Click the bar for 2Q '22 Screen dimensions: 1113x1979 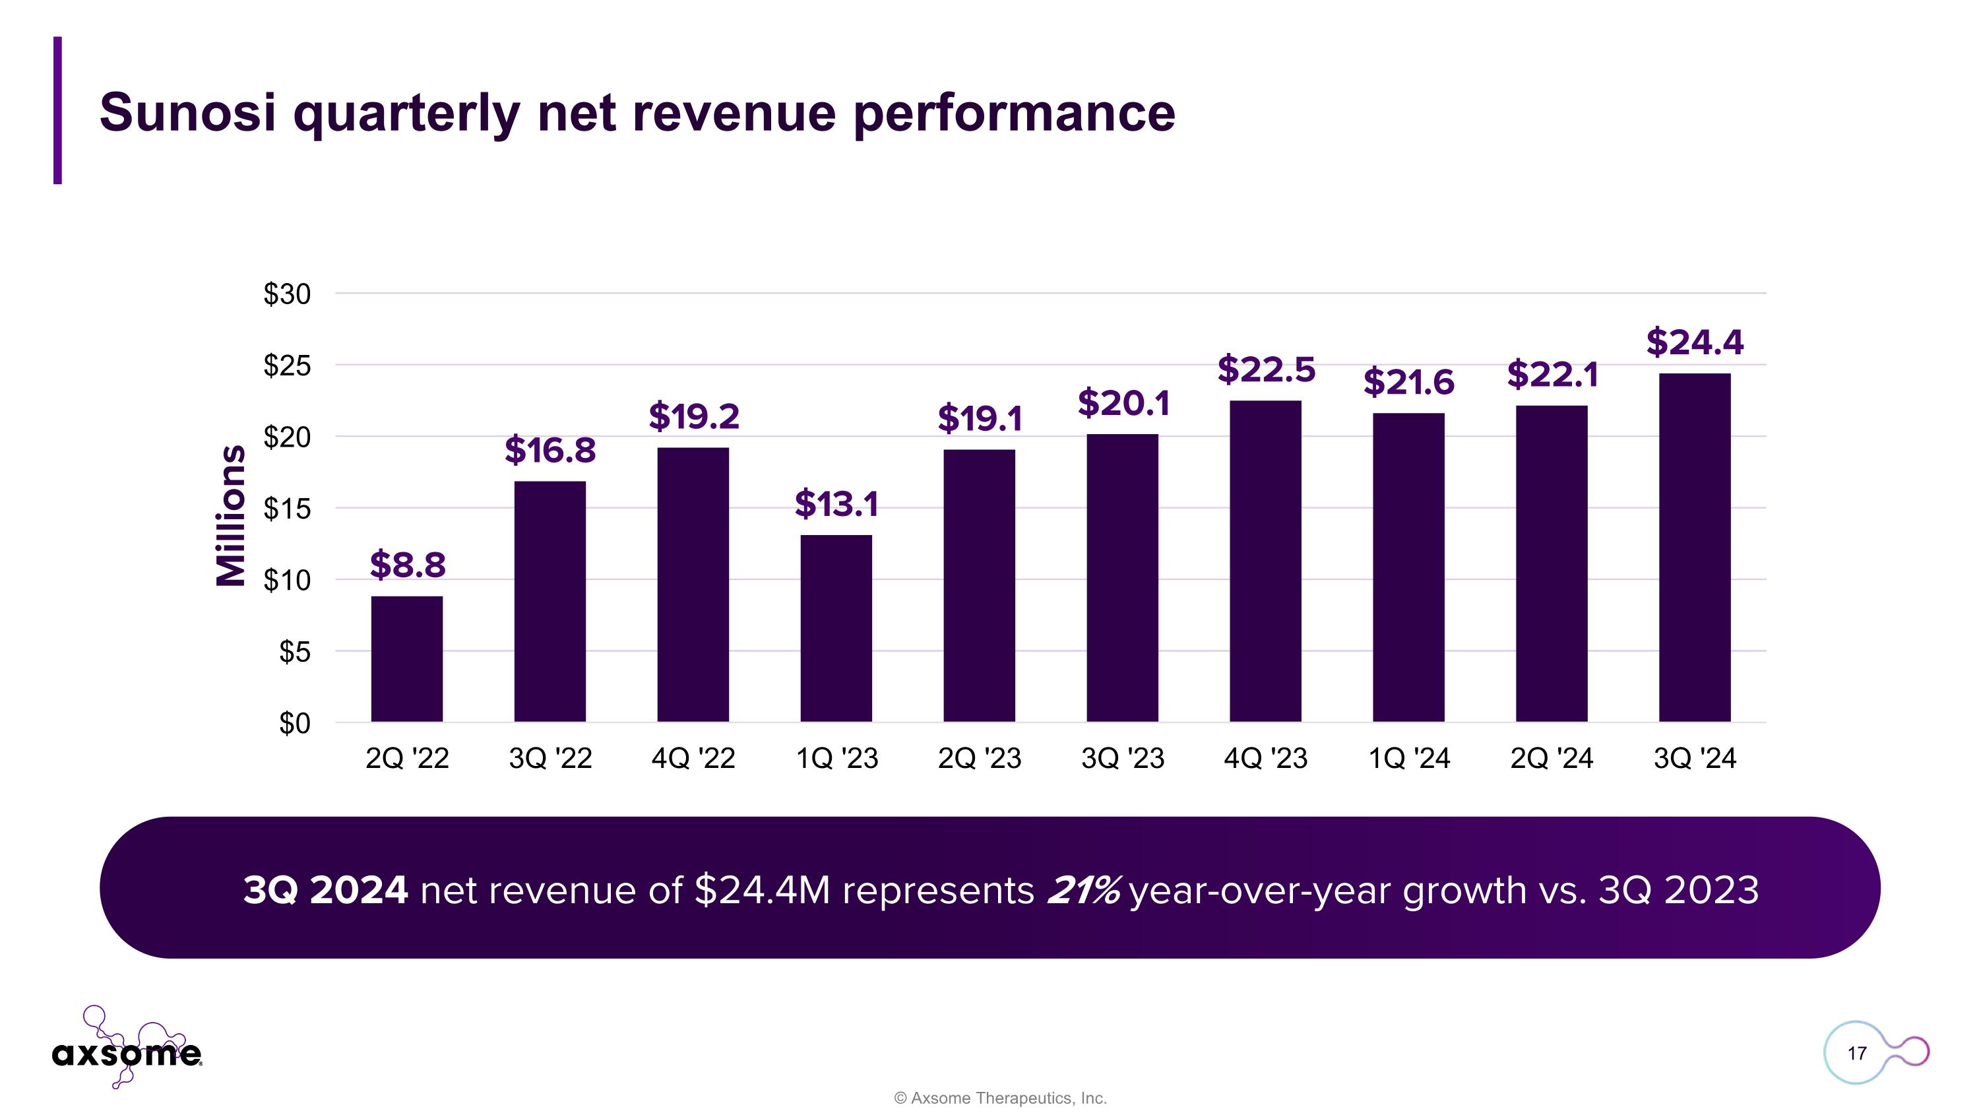(x=406, y=658)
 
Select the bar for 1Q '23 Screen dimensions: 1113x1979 (x=836, y=627)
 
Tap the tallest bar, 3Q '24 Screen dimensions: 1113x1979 (x=1695, y=547)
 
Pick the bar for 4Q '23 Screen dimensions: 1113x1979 (x=1265, y=561)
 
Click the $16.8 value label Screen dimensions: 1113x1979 (x=550, y=450)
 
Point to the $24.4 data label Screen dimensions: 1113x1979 (x=1695, y=342)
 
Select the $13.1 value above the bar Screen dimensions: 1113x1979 (x=836, y=504)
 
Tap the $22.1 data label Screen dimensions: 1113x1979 (x=1552, y=375)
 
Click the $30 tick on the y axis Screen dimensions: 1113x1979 (x=288, y=294)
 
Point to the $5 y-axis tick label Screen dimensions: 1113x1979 (x=294, y=652)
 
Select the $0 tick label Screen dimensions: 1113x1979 (x=294, y=724)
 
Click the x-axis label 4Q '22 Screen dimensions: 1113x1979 (x=693, y=759)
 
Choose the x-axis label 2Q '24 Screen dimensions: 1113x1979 (x=1552, y=759)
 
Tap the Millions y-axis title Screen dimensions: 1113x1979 (x=230, y=515)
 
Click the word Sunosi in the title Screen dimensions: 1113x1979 (x=187, y=112)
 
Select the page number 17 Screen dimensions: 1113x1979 (x=1857, y=1053)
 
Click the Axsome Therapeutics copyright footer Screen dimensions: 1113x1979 (x=1000, y=1098)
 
